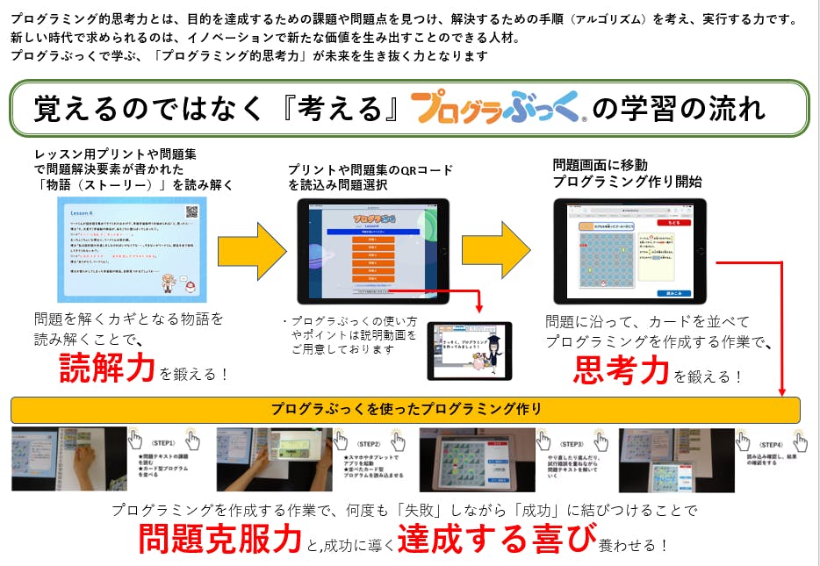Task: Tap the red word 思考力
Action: click(621, 371)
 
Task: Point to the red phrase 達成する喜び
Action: click(496, 538)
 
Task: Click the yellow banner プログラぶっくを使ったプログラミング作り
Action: click(406, 409)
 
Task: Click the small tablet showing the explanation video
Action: click(469, 350)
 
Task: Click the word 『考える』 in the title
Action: click(338, 109)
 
